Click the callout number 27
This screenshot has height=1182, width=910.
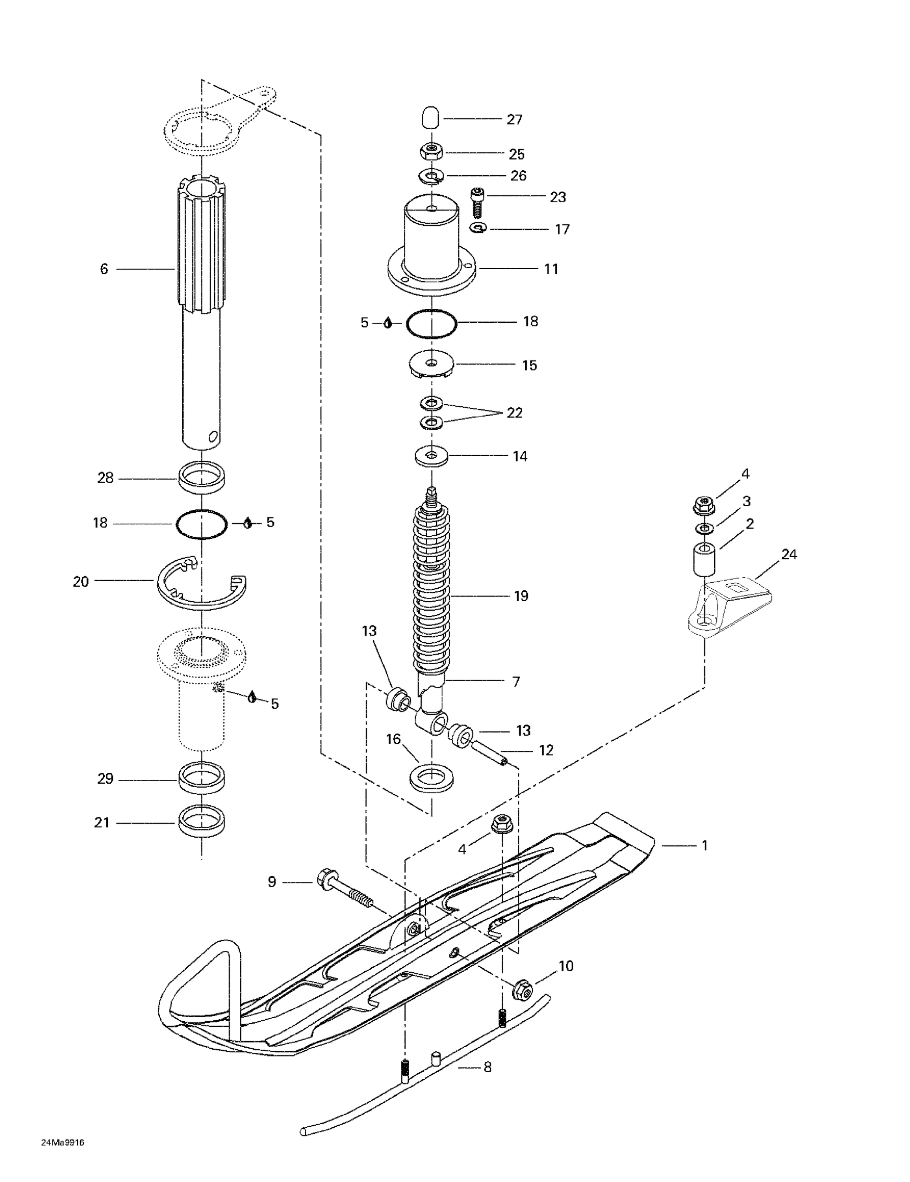(514, 120)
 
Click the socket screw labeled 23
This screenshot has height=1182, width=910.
(477, 201)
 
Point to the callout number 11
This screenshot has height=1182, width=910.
(551, 269)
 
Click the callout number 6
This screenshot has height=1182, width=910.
(104, 269)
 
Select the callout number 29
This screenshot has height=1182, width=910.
(105, 779)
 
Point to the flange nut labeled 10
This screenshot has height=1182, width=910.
(523, 989)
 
